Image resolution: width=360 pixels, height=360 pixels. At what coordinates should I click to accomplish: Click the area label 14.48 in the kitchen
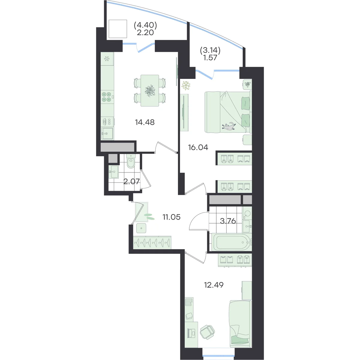(x=145, y=122)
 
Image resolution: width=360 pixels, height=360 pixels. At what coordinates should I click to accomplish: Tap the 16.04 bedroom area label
(x=198, y=147)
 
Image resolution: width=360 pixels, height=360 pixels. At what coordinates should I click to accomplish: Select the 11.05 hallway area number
(x=172, y=217)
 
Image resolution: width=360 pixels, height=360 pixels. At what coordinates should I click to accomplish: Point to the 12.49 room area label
(x=214, y=285)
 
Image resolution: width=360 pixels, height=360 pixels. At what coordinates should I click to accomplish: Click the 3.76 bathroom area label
(x=228, y=221)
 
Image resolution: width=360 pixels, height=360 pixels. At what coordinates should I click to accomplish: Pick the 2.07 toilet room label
(x=131, y=181)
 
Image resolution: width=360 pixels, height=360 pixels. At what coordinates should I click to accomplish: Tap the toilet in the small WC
(x=130, y=161)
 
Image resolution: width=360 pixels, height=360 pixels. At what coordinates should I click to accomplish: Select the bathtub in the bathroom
(x=231, y=242)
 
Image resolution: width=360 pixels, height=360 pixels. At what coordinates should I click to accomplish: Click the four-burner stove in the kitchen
(x=107, y=97)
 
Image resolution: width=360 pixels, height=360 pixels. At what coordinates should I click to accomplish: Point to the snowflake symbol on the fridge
(x=107, y=59)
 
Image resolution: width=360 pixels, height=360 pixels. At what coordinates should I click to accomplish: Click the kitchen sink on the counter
(x=107, y=133)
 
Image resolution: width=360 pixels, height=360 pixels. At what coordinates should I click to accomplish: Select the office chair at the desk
(x=207, y=332)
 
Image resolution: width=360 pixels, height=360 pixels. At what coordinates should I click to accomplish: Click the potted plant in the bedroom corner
(x=186, y=85)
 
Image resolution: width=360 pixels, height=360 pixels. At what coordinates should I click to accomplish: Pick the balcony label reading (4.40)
(x=145, y=25)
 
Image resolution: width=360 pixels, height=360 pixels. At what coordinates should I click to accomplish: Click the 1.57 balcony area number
(x=210, y=58)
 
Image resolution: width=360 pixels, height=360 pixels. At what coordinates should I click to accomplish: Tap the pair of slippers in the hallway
(x=149, y=216)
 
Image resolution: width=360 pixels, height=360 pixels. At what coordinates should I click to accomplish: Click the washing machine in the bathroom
(x=247, y=213)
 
